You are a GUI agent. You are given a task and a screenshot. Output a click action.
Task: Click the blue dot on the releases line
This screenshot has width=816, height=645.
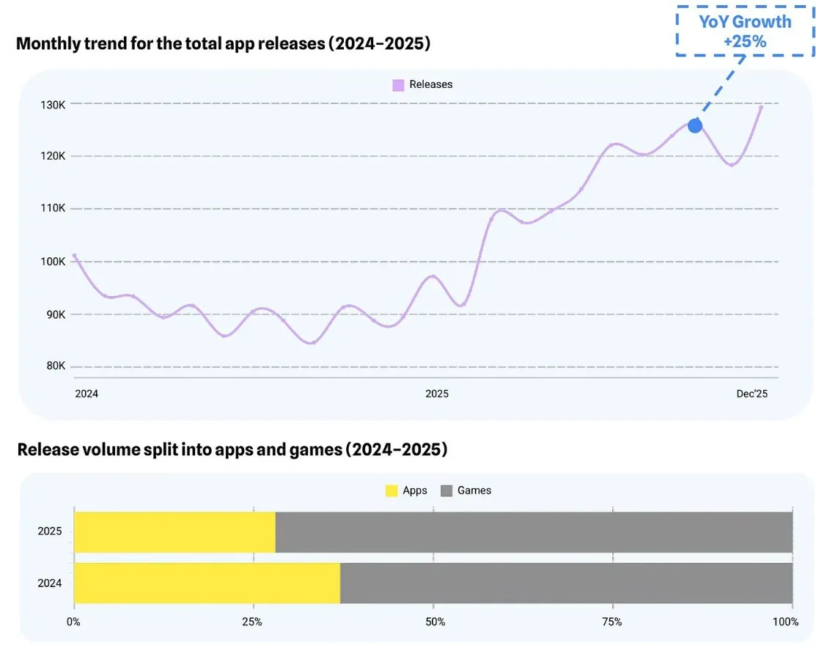click(x=694, y=125)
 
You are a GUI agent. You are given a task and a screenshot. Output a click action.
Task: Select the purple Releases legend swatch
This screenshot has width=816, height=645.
click(x=398, y=84)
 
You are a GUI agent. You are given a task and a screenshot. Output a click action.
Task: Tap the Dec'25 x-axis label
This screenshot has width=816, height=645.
click(x=751, y=394)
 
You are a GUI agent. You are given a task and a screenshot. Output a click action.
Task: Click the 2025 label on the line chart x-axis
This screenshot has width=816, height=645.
click(x=436, y=394)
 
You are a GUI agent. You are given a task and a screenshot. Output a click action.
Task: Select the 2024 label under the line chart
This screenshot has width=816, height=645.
click(x=87, y=394)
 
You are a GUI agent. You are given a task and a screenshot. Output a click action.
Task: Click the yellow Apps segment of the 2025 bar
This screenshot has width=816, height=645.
click(x=174, y=532)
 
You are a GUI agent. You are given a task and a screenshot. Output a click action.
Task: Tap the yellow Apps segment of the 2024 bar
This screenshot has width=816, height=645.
click(x=207, y=583)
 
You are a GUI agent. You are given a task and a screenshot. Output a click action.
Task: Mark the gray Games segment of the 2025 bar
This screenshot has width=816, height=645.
click(x=534, y=532)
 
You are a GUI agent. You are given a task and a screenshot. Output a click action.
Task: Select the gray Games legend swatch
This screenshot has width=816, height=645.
click(x=446, y=490)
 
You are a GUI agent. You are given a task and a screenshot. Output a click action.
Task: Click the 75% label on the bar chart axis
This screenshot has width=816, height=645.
click(x=612, y=622)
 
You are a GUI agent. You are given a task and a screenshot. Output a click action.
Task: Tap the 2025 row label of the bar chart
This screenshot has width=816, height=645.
click(x=50, y=532)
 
